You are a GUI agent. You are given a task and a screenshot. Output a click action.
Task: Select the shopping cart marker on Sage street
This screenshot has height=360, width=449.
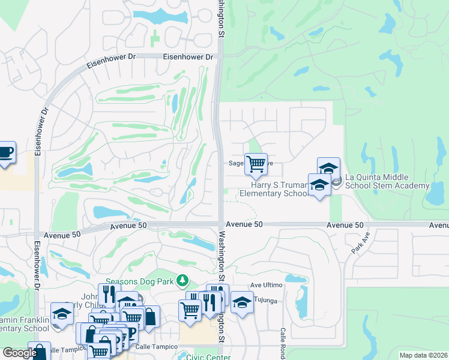click(256, 163)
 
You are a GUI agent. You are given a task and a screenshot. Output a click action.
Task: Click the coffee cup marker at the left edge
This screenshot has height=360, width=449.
click(5, 152)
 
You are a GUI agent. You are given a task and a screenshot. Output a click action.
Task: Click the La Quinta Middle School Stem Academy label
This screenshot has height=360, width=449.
click(387, 181)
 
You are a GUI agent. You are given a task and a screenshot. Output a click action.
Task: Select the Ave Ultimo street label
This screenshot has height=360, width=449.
click(265, 285)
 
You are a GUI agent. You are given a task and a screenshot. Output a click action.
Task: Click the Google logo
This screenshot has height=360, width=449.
click(20, 353)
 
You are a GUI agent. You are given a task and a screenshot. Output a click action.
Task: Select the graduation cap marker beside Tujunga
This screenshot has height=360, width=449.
click(242, 302)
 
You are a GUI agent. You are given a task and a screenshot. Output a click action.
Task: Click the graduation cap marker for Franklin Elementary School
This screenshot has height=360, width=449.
click(61, 313)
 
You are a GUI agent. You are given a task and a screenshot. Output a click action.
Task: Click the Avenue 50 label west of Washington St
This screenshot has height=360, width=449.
click(129, 225)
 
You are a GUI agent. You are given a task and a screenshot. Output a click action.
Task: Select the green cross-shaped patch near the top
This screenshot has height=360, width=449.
click(156, 39)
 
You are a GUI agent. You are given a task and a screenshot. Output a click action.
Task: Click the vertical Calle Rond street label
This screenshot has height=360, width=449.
click(282, 342)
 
